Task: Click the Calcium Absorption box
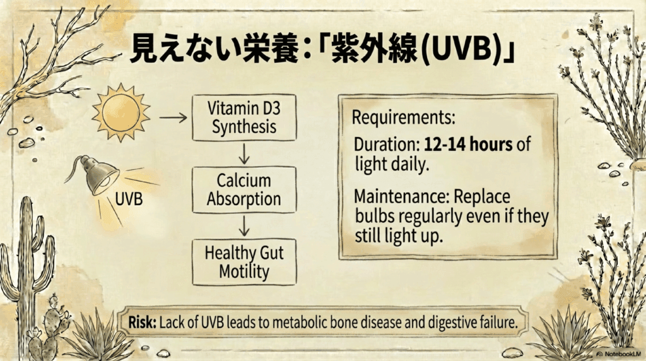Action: click(244, 190)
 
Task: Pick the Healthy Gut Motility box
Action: click(244, 263)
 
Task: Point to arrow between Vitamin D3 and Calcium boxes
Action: click(244, 153)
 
